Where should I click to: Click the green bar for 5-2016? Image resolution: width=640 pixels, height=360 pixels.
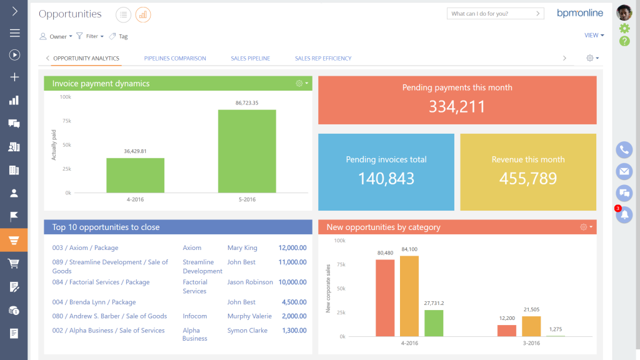coord(247,151)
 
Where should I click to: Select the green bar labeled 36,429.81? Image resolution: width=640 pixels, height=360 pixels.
coord(135,175)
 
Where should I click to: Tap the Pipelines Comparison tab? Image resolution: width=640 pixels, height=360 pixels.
coord(175,58)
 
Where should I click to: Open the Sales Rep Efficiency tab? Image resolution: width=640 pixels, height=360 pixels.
coord(323,58)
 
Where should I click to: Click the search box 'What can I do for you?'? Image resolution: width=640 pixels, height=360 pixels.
coord(491,13)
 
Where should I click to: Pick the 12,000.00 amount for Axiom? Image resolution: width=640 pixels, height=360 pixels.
coord(292,248)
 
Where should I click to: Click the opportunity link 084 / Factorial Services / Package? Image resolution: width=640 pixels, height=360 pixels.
coord(101,282)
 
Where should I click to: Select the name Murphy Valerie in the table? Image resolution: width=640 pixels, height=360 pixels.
coord(249,316)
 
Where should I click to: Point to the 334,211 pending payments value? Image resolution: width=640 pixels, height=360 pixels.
coord(457,107)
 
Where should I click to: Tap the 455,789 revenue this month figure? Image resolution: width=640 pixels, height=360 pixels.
coord(528,179)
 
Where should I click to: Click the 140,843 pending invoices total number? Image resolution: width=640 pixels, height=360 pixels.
coord(386,179)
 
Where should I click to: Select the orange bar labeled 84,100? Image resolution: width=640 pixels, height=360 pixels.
coord(409,296)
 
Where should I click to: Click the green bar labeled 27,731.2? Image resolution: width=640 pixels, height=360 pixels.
coord(433,323)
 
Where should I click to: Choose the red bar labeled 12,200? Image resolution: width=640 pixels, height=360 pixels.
coord(507,331)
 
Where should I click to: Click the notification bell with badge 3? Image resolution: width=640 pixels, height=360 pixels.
coord(624,215)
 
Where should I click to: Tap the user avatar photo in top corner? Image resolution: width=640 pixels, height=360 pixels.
coord(624,12)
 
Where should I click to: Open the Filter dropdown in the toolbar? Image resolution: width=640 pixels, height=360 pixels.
coord(90,36)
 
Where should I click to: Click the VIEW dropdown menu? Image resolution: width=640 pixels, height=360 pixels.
coord(594,36)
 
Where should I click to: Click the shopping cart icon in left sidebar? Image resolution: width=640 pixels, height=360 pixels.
coord(14,263)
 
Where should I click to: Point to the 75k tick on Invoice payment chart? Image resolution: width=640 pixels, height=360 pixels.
coord(66,121)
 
